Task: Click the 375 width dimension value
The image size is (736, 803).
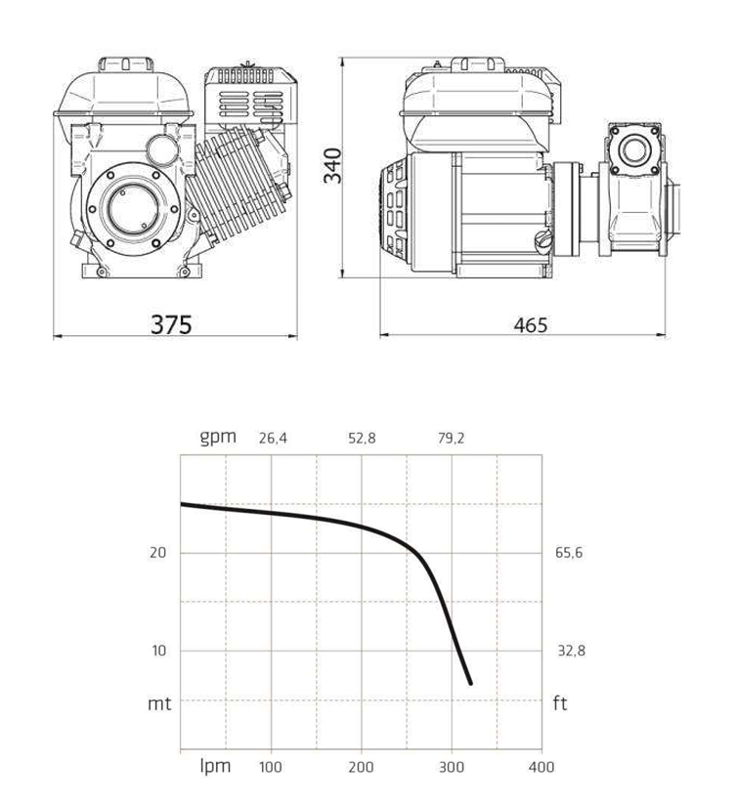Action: click(x=171, y=324)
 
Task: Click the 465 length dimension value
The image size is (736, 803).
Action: click(x=531, y=325)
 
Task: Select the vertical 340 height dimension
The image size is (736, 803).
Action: click(x=332, y=165)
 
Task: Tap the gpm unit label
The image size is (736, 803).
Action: click(x=218, y=438)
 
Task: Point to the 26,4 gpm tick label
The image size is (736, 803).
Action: click(x=273, y=439)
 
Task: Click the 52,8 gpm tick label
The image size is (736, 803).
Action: click(x=362, y=439)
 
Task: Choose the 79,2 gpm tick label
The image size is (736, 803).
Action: click(x=451, y=439)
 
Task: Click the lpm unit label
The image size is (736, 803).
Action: click(x=215, y=766)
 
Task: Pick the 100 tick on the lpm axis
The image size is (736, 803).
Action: click(x=270, y=767)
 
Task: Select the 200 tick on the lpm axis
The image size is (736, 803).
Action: click(x=361, y=767)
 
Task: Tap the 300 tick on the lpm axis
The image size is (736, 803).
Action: click(x=452, y=767)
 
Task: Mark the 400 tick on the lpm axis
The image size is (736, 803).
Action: click(x=541, y=767)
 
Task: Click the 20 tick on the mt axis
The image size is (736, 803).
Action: click(x=158, y=553)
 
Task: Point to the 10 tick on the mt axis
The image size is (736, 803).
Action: click(x=159, y=651)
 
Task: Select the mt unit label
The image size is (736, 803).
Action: click(x=159, y=703)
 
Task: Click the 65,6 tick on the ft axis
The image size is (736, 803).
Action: click(x=569, y=553)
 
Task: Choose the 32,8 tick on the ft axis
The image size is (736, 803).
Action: click(x=572, y=651)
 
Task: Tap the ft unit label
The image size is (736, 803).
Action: click(x=560, y=703)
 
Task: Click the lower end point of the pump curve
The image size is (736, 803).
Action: click(x=470, y=684)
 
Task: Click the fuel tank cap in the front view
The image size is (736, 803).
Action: click(x=126, y=64)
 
